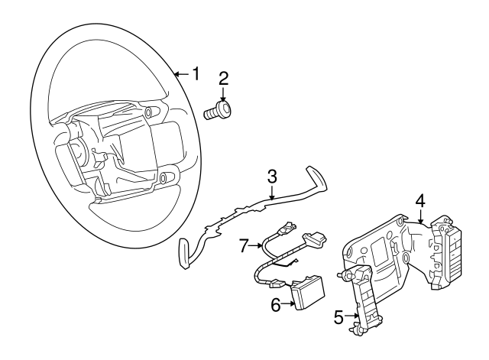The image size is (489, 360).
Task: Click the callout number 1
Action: [x=196, y=74]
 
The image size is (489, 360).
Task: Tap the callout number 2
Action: [x=223, y=78]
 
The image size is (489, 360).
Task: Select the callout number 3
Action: [x=271, y=177]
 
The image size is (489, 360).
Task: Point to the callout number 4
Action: [x=419, y=200]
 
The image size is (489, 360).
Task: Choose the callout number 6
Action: [x=277, y=304]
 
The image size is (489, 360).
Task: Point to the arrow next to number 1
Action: [x=180, y=74]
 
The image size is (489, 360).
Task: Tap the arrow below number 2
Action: [x=223, y=95]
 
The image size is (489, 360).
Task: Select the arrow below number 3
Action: [x=271, y=195]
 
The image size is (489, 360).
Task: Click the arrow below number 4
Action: [x=419, y=217]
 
